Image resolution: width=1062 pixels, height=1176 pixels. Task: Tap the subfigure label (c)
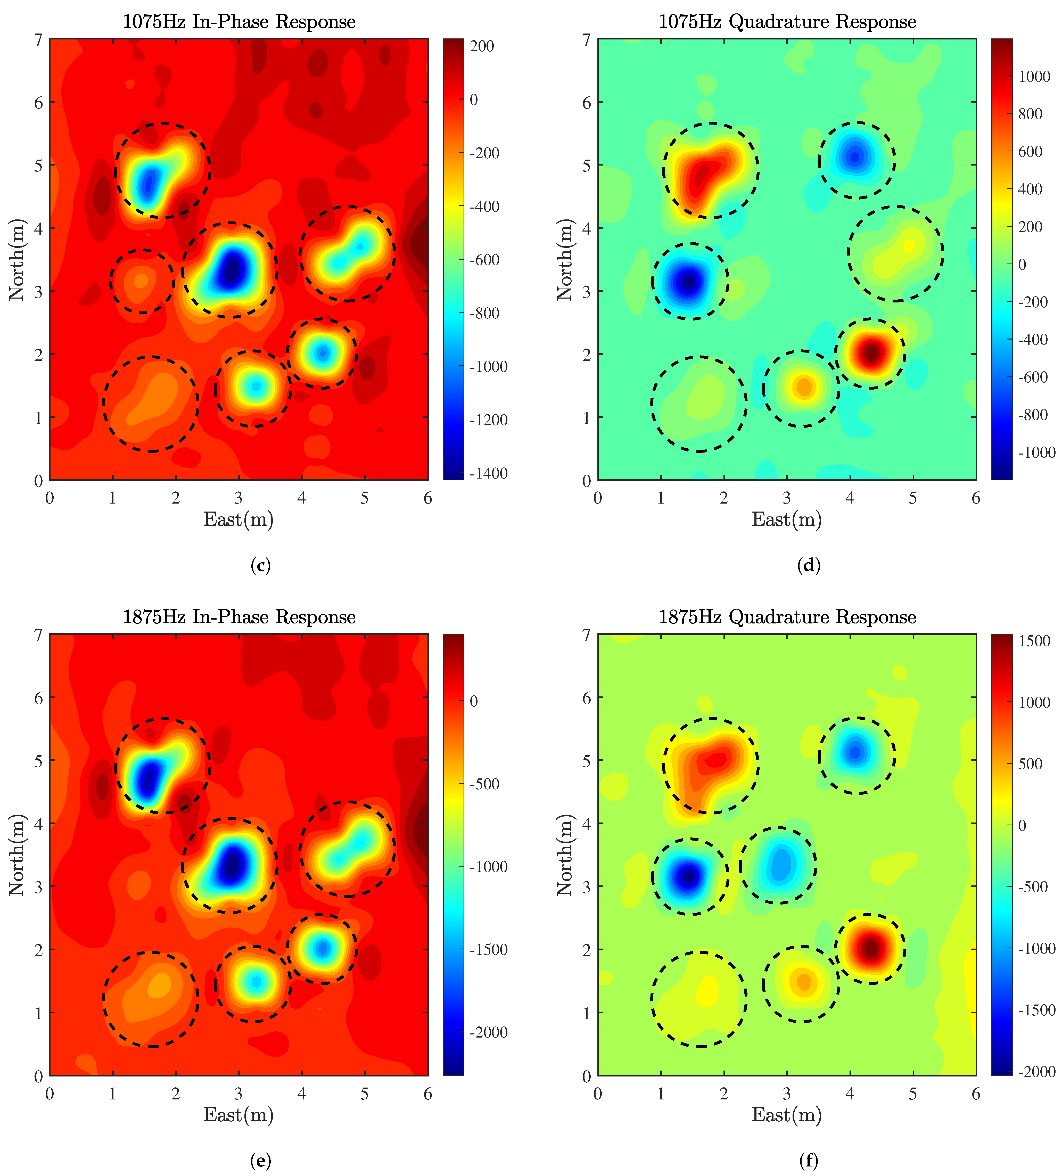click(x=260, y=565)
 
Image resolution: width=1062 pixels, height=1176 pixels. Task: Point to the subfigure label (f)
click(x=808, y=1161)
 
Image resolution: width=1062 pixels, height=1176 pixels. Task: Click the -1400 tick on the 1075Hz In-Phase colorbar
click(x=488, y=473)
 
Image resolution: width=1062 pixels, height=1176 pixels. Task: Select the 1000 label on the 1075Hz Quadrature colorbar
click(x=1034, y=76)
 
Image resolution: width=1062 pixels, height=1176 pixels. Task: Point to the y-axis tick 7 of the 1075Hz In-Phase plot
click(x=38, y=40)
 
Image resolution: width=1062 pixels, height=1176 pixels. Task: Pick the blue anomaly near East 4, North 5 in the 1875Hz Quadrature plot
click(x=855, y=752)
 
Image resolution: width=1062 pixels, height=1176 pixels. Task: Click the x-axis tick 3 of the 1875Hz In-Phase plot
click(x=238, y=1094)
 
